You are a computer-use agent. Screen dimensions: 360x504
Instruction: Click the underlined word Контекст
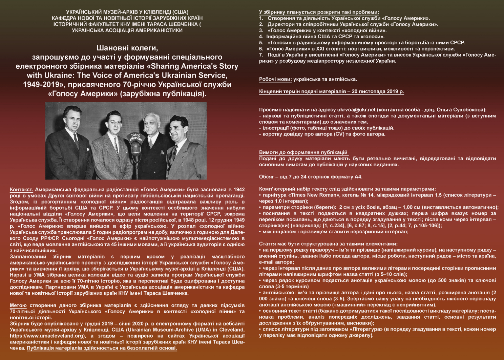click(x=21, y=190)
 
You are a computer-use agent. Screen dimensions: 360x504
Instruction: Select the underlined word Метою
click(x=18, y=305)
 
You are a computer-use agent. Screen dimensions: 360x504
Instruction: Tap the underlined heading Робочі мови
click(x=275, y=79)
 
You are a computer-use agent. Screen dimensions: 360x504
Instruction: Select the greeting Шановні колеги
click(x=127, y=48)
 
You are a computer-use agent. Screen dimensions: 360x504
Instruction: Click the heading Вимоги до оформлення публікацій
click(x=303, y=152)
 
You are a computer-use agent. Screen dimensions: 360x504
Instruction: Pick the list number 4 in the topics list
click(x=261, y=37)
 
